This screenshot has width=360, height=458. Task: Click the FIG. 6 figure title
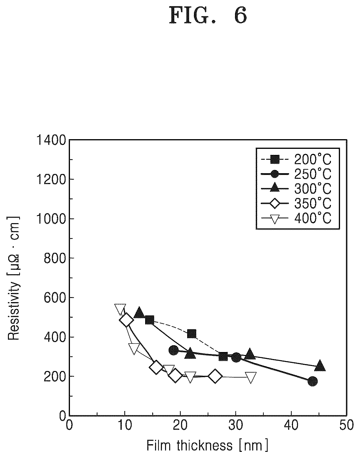(208, 15)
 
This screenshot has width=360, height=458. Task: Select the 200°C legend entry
(296, 159)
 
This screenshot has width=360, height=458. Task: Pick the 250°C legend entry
(296, 174)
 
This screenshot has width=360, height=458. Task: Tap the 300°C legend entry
(296, 188)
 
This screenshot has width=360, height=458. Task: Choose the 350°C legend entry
(296, 203)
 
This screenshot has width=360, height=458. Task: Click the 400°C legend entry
(296, 218)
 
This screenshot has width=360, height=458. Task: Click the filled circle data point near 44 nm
(313, 381)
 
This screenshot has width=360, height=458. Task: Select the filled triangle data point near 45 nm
(320, 366)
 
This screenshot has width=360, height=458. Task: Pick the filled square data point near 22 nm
(192, 334)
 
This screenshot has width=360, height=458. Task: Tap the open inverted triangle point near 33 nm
(251, 377)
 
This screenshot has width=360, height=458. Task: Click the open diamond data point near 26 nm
(215, 376)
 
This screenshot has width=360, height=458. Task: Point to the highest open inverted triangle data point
(120, 309)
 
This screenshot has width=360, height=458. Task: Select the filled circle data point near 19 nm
(174, 351)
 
